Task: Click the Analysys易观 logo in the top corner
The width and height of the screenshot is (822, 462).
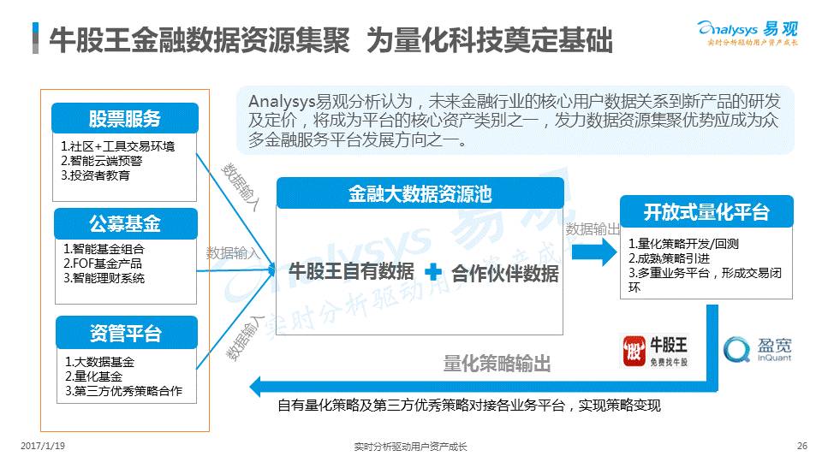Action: pos(748,32)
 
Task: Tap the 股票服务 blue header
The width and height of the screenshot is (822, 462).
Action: pos(125,118)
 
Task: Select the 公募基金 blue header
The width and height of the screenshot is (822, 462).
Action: pos(125,224)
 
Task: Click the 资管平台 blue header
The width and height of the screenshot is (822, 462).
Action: pos(125,332)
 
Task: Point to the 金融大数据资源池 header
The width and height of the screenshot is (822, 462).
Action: pos(420,193)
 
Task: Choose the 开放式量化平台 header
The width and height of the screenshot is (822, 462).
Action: pos(706,211)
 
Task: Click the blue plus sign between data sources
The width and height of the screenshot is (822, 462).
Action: pos(433,272)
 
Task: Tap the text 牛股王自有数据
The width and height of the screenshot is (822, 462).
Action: pos(351,272)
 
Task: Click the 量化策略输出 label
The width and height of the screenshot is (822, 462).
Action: pos(497,363)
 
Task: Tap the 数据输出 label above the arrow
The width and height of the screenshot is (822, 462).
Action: pos(593,229)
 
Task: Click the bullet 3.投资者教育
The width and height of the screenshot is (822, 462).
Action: pos(95,175)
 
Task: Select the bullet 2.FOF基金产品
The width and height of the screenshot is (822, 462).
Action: pos(102,264)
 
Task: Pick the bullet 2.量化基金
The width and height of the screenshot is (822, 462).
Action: pos(93,376)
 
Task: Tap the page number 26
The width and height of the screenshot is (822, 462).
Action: pos(801,445)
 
